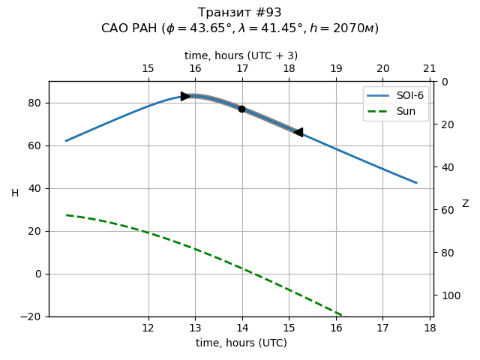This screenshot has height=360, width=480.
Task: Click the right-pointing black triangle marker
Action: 185,96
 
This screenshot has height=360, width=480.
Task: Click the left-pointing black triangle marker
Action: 298,132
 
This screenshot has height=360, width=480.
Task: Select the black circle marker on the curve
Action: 241,109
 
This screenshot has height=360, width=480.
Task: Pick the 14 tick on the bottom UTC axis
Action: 241,328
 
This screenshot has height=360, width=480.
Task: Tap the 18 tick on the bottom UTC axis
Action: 429,328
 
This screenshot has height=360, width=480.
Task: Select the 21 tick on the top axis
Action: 429,69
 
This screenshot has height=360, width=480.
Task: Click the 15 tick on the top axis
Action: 148,69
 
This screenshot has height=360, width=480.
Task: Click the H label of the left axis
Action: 15,193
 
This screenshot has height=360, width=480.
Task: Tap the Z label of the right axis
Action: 465,204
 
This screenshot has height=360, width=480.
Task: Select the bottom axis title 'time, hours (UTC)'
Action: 241,343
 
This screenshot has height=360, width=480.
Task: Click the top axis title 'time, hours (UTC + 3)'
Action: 241,55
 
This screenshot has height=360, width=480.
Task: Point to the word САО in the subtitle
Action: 115,28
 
